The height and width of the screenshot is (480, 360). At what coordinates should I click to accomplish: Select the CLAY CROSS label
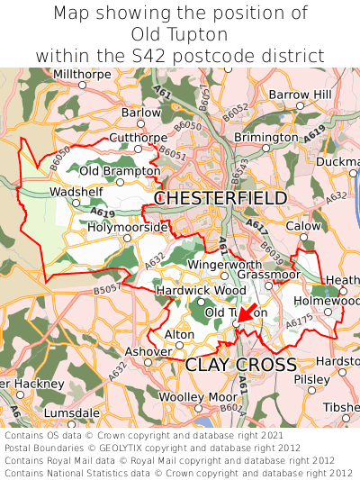(x=240, y=364)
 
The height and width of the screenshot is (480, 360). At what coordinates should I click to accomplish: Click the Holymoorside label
(x=127, y=228)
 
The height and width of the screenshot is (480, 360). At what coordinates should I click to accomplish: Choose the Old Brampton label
(x=114, y=170)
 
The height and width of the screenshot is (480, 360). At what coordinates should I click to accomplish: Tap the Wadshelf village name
(x=76, y=192)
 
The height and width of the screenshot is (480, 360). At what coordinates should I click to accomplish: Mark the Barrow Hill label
(x=300, y=95)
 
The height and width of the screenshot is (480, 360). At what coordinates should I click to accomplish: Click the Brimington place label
(x=265, y=137)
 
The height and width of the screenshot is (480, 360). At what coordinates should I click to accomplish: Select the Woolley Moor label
(x=198, y=397)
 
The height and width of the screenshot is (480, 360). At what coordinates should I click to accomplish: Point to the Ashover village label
(x=148, y=351)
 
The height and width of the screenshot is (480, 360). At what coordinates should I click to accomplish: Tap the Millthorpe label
(x=83, y=74)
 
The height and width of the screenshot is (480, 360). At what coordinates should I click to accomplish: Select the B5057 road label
(x=107, y=290)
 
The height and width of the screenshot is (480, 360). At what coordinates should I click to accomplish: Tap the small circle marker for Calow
(x=303, y=238)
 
